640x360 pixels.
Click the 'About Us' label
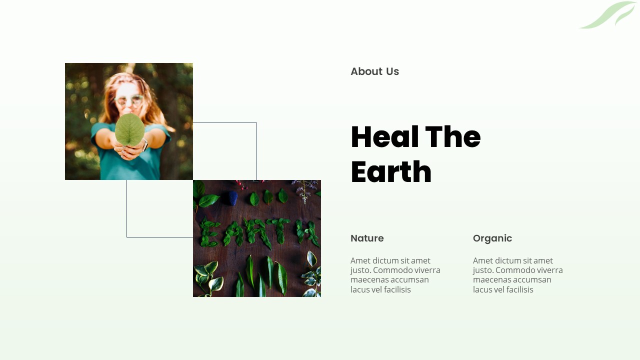coord(374,71)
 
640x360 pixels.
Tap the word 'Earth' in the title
coord(391,172)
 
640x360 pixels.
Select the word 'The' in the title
coord(452,137)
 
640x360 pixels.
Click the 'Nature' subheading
coord(367,238)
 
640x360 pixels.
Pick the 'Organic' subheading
coord(492,238)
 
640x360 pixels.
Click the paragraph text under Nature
coord(395,275)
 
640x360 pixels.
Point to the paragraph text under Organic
coord(517,275)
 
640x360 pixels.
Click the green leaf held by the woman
coord(129,129)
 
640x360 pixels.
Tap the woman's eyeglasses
coord(128,100)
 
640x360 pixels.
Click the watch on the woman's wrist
coord(145,145)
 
